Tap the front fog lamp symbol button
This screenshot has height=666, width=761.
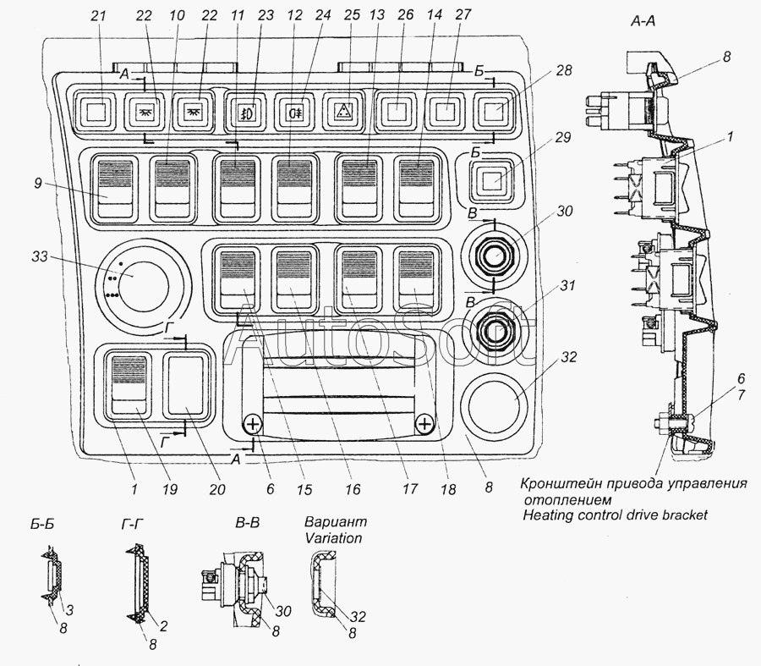point(247,112)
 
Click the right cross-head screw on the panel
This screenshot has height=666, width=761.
point(424,424)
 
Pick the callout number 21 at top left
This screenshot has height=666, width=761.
point(98,15)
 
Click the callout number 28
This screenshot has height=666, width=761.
point(563,70)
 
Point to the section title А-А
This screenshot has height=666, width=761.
point(643,20)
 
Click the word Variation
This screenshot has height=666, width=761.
point(333,538)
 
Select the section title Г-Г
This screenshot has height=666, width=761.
point(132,524)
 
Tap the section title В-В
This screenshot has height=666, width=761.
point(247,523)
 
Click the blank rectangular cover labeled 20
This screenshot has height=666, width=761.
point(186,386)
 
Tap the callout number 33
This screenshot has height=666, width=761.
point(40,256)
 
